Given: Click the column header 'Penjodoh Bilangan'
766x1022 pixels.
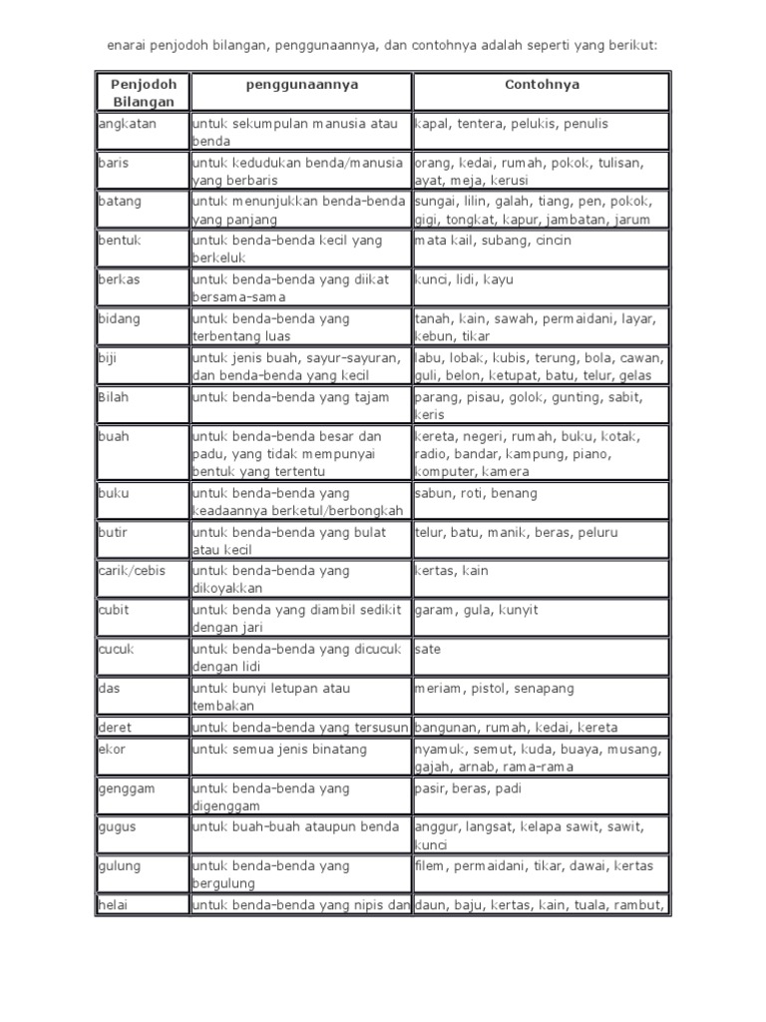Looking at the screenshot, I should tap(143, 93).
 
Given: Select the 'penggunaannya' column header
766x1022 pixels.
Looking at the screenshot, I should tap(301, 86).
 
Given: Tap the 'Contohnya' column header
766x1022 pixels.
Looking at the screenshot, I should tap(541, 86).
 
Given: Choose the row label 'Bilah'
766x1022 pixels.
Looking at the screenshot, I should tap(114, 397).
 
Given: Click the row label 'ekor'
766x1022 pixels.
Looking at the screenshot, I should tap(111, 750).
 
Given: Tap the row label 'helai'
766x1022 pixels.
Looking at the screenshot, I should tap(113, 905).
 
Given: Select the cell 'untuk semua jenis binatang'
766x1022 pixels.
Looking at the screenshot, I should tap(279, 750).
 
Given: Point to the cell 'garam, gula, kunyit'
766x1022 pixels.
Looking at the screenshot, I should tap(469, 611).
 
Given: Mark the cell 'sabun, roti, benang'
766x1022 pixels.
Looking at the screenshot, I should tap(476, 494).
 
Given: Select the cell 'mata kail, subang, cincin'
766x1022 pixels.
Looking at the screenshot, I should tap(487, 241).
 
